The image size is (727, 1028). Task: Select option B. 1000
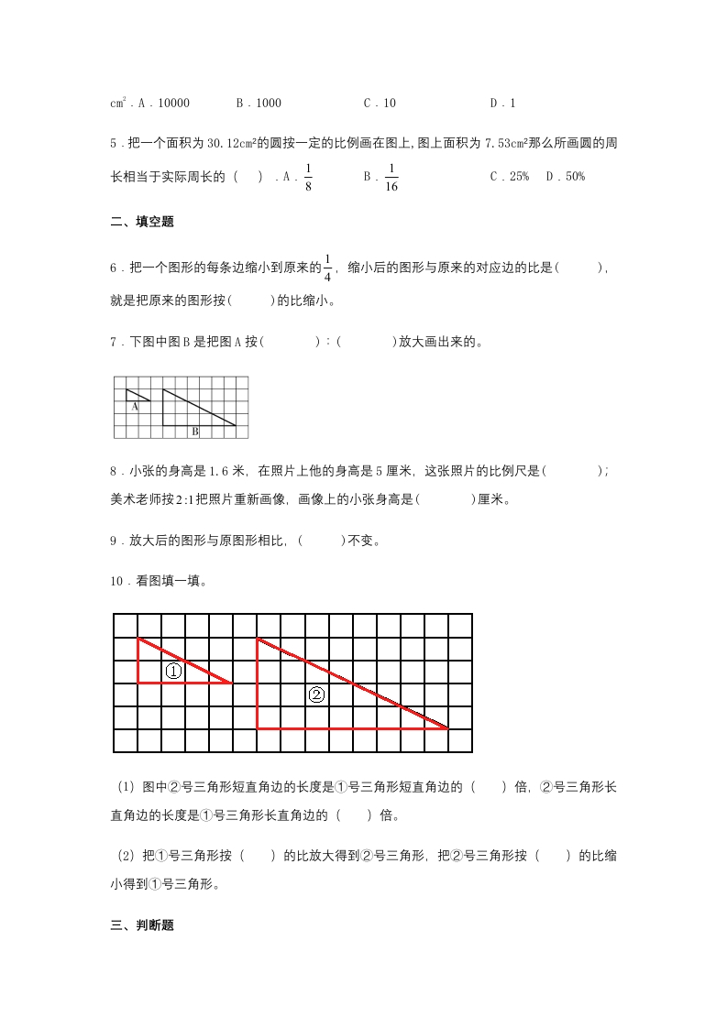coord(259,104)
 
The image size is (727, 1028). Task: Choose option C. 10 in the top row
coord(380,104)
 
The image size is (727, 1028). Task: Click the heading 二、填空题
coord(142,222)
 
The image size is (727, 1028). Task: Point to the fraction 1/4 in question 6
coord(327,268)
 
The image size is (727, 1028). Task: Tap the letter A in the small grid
coord(134,406)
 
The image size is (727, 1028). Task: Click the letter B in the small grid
coord(194,431)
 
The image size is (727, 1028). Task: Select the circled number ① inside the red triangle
coord(173,672)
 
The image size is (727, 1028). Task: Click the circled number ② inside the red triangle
coord(316,694)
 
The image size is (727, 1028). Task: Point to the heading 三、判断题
coord(142,925)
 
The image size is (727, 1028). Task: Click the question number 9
coord(114,541)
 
